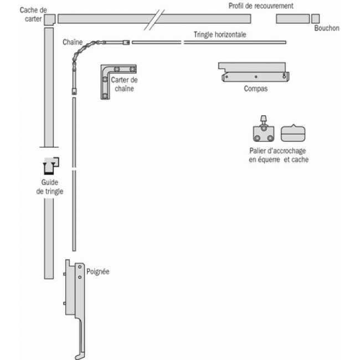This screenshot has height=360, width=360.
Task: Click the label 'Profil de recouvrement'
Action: (261, 6)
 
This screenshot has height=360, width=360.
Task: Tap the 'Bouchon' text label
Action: (326, 28)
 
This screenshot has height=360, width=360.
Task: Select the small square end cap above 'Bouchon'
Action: (316, 18)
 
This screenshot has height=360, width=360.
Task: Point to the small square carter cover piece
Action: (49, 19)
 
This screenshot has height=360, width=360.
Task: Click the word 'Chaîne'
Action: (73, 42)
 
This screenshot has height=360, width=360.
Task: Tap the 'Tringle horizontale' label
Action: (220, 34)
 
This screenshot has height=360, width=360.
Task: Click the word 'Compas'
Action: (255, 89)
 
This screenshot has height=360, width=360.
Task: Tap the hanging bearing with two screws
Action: (263, 132)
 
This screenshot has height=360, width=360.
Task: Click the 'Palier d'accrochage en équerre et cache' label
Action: (279, 156)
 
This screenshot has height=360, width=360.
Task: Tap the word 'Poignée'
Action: (98, 272)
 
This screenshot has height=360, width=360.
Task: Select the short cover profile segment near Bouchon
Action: (292, 19)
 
